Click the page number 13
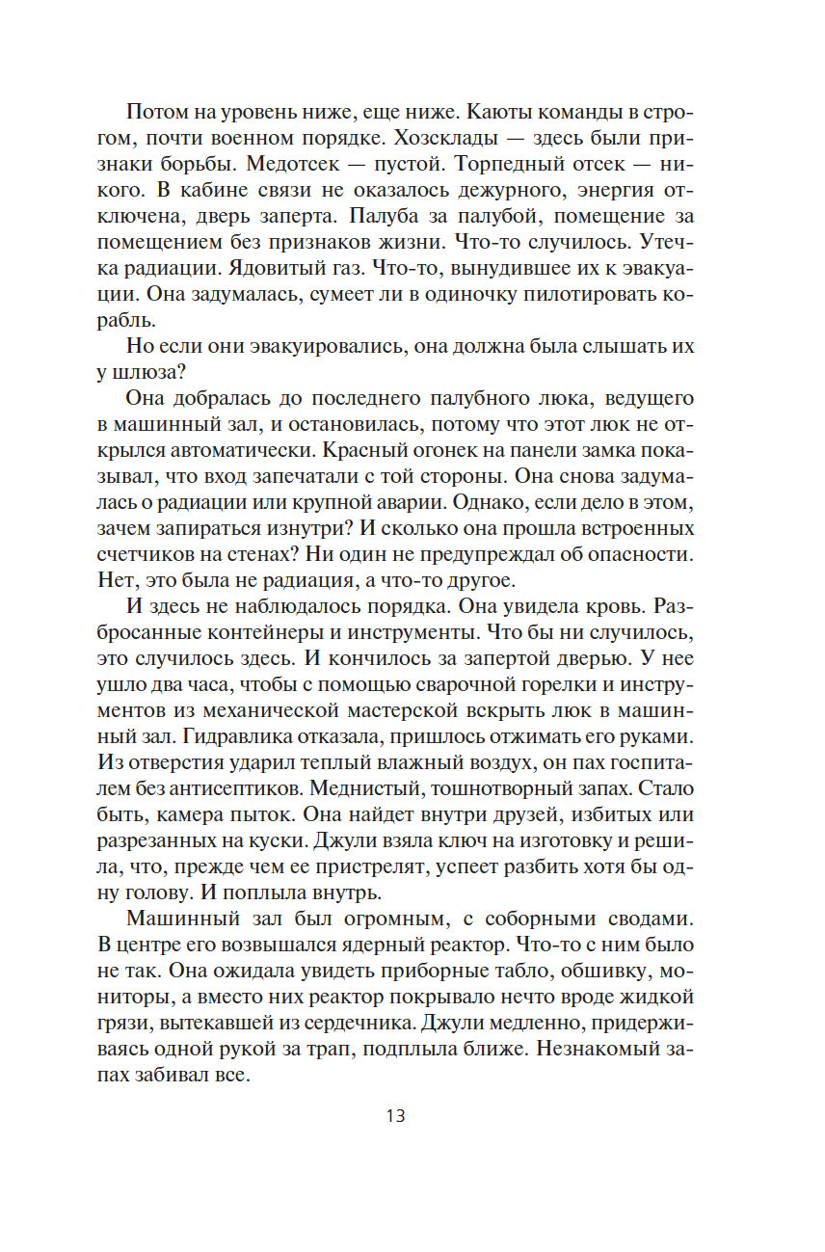pyautogui.click(x=395, y=1116)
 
